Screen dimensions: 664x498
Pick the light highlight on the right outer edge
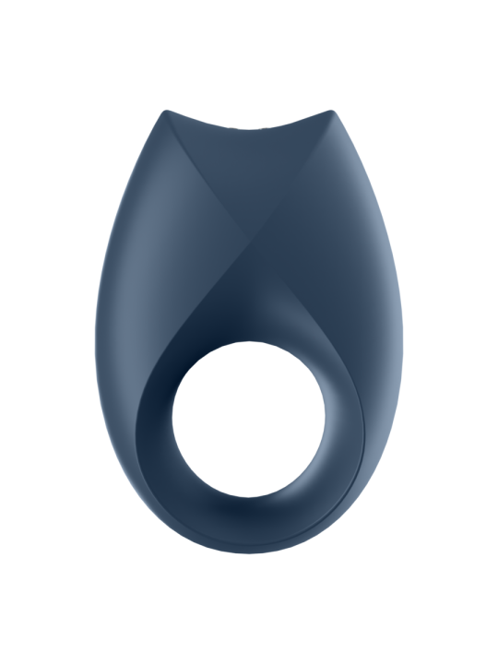387,295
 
